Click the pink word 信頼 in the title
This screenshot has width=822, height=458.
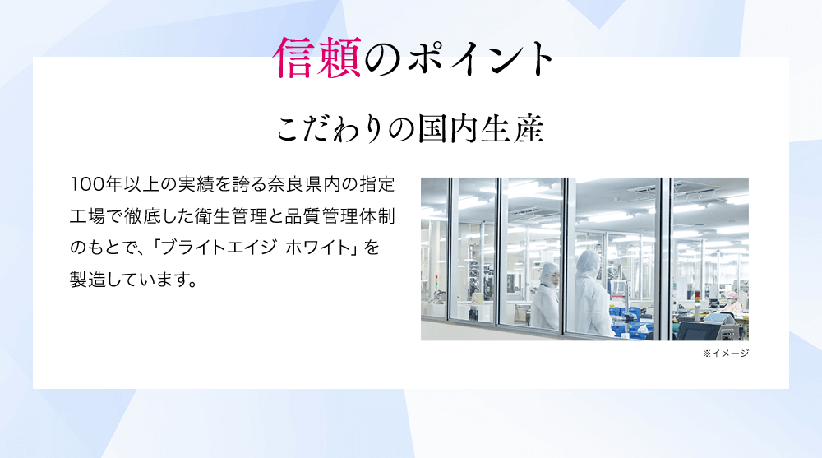click(317, 58)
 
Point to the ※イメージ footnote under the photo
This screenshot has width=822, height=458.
click(726, 354)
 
